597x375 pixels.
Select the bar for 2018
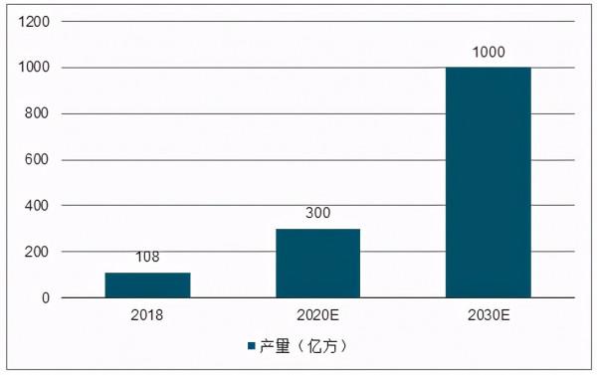click(x=147, y=285)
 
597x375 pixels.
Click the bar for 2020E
click(x=317, y=264)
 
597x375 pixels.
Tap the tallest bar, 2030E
click(x=488, y=183)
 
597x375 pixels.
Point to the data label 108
click(x=147, y=258)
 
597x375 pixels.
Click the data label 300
click(x=317, y=213)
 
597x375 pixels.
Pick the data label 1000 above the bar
click(x=488, y=52)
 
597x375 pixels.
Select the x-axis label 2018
click(x=147, y=315)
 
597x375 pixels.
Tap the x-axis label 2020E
click(x=317, y=315)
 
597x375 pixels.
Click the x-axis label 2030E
click(x=488, y=315)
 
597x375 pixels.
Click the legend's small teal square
click(x=251, y=346)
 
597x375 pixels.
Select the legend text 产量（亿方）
click(x=304, y=346)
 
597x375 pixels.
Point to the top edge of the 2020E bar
click(x=317, y=229)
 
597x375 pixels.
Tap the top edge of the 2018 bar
click(x=147, y=274)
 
